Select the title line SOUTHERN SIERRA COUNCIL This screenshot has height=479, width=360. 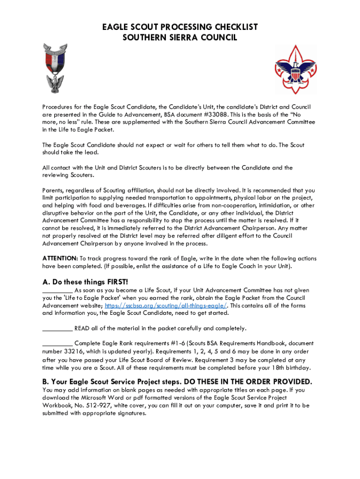[180, 37]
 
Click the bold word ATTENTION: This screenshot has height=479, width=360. [60, 259]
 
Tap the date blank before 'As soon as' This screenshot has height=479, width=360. [57, 290]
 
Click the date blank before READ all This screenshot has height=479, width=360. [57, 328]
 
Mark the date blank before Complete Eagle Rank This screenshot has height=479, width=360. [57, 343]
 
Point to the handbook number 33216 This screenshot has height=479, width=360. [70, 351]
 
